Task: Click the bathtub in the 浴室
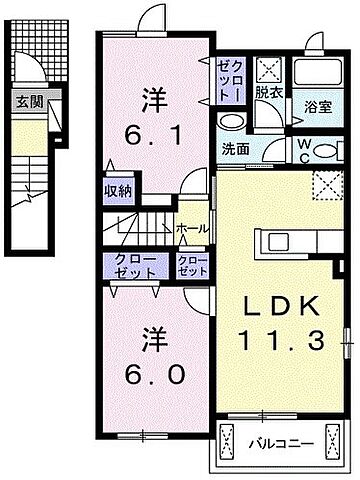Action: click(318, 77)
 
